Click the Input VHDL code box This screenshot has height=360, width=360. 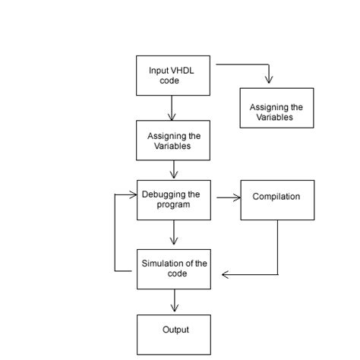point(173,75)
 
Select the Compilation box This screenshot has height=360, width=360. point(276,200)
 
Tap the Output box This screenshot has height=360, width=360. point(173,334)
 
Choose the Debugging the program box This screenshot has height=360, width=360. point(173,200)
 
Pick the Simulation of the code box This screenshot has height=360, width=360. point(173,268)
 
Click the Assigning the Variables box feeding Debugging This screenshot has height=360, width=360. point(173,141)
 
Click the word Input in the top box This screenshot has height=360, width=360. point(158,70)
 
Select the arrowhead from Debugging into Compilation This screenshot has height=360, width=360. point(236,198)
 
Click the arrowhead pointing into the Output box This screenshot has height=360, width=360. point(174,309)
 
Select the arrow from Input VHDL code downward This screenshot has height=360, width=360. point(172,108)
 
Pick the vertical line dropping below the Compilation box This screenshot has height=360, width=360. point(277,247)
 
